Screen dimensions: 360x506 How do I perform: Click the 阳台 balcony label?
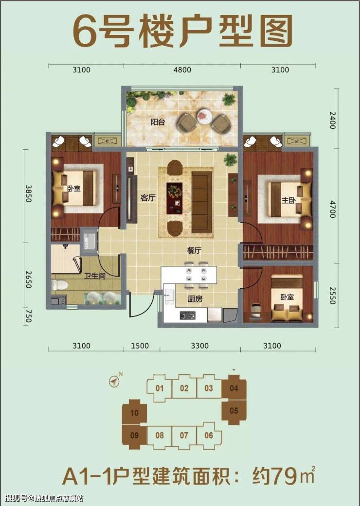coord(158,122)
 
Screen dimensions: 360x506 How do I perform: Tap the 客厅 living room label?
coord(148,197)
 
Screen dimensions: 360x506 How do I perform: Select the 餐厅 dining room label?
coord(194,250)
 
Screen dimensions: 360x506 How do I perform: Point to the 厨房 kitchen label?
coord(195,299)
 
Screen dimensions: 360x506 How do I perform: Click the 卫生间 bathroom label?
coord(95,276)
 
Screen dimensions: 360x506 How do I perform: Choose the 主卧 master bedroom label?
coord(288,200)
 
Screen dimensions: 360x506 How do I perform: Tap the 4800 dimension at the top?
coord(182,70)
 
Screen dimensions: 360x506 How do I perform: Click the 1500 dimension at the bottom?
coord(140,346)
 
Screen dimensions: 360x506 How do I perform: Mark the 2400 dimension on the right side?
coord(333,120)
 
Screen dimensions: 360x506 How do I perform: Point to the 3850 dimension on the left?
coord(28,193)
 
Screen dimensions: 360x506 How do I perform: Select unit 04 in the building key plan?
coord(234,388)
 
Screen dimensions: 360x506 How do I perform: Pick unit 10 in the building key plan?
coord(134,412)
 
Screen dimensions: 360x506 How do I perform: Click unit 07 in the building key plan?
coord(184,436)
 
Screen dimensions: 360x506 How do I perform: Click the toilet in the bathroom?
coord(60,285)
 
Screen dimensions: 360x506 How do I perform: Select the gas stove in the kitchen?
coord(188,315)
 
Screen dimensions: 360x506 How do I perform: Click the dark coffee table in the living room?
coord(174,198)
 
